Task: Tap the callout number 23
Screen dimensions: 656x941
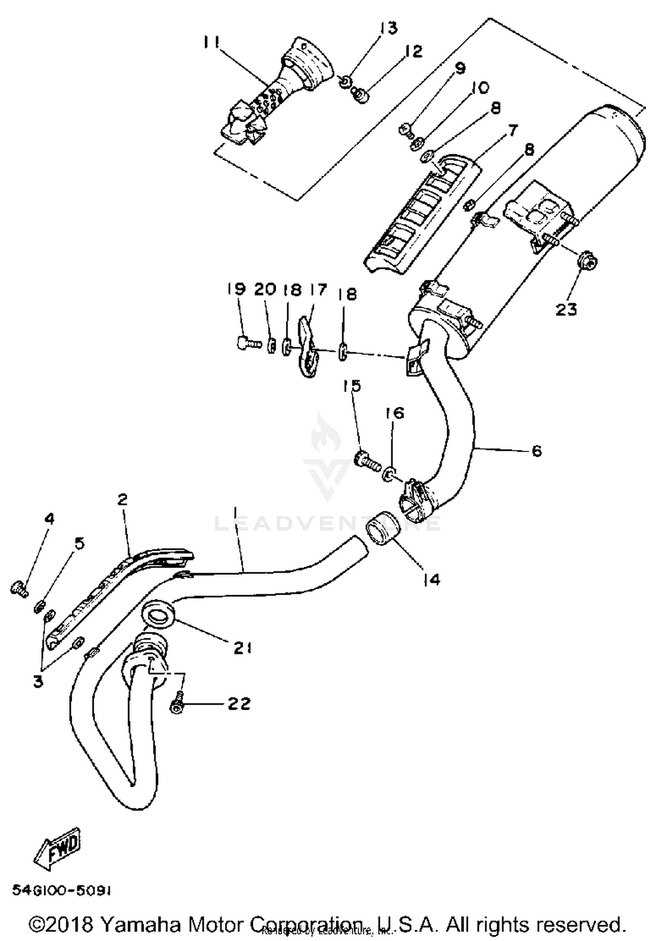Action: pyautogui.click(x=566, y=310)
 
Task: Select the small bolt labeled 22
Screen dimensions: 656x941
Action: pyautogui.click(x=176, y=707)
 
